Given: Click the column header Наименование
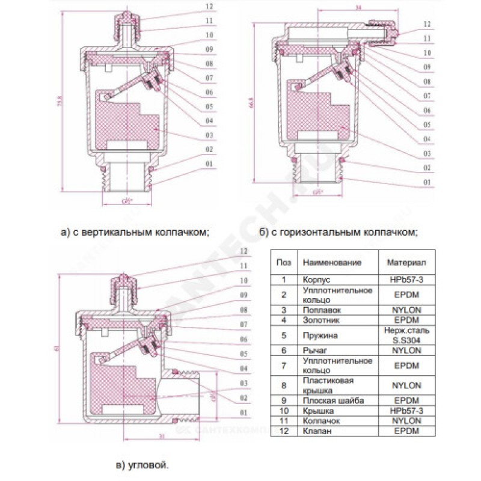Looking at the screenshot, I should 332,263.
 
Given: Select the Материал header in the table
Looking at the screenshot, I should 406,263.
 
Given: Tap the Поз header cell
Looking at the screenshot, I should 283,263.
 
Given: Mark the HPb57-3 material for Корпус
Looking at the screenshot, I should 406,280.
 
